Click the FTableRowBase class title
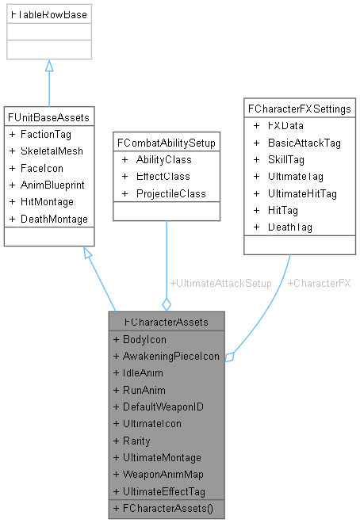tap(49, 15)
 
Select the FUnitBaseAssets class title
tap(49, 117)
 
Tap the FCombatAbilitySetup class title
tap(167, 143)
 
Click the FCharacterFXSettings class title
tap(300, 109)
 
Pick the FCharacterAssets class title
tap(167, 323)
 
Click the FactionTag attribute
tap(45, 134)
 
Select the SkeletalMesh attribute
tap(51, 151)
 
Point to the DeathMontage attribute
tap(54, 219)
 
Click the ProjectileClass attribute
tap(170, 193)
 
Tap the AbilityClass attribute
tap(163, 159)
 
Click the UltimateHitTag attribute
tap(301, 193)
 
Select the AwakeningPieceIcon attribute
tap(170, 356)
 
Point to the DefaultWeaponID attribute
tap(163, 407)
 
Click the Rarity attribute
tap(136, 441)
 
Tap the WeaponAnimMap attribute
tap(163, 475)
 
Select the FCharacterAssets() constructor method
tap(168, 508)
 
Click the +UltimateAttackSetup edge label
tap(220, 283)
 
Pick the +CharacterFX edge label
tap(319, 283)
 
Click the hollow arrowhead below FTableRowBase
tap(49, 67)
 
